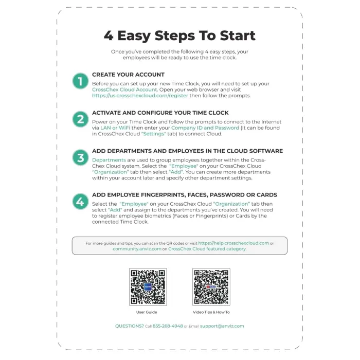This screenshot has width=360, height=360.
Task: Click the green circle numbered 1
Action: pyautogui.click(x=80, y=81)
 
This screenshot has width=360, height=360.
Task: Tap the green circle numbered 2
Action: pyautogui.click(x=80, y=119)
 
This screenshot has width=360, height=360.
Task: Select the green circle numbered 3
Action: pyautogui.click(x=80, y=158)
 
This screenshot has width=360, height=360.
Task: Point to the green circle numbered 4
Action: pyautogui.click(x=80, y=202)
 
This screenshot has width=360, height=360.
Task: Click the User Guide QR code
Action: pyautogui.click(x=148, y=287)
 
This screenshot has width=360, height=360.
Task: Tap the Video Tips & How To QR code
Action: pyautogui.click(x=211, y=287)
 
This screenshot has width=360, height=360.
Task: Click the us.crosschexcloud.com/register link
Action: pyautogui.click(x=140, y=96)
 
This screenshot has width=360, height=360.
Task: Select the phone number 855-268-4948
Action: pyautogui.click(x=168, y=326)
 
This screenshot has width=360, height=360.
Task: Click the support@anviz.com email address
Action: pyautogui.click(x=222, y=326)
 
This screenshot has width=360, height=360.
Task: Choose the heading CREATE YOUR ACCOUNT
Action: pyautogui.click(x=128, y=75)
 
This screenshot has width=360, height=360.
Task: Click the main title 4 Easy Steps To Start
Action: pyautogui.click(x=179, y=35)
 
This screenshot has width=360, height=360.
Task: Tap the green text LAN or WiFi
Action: pyautogui.click(x=115, y=128)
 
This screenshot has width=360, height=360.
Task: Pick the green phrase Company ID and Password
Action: pyautogui.click(x=205, y=128)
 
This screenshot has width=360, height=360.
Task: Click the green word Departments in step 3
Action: pyautogui.click(x=109, y=160)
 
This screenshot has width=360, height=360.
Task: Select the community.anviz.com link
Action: pyautogui.click(x=137, y=249)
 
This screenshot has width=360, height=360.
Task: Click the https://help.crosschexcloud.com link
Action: pyautogui.click(x=233, y=243)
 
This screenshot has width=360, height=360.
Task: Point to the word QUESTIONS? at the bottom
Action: pyautogui.click(x=130, y=326)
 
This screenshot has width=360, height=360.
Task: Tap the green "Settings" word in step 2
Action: pyautogui.click(x=153, y=134)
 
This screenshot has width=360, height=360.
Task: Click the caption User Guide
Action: pyautogui.click(x=147, y=312)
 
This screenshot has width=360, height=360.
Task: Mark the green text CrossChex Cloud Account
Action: pyautogui.click(x=124, y=89)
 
